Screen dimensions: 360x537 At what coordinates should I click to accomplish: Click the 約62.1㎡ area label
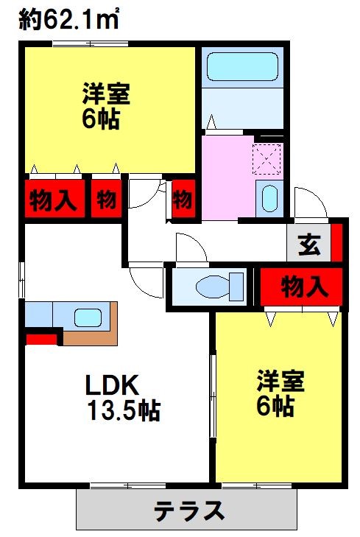point(68,19)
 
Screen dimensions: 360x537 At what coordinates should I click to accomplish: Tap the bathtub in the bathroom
point(242,67)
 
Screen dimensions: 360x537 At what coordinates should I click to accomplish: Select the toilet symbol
point(219,287)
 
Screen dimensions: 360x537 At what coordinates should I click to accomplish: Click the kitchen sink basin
point(88,317)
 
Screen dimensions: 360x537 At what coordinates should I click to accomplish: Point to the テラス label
point(189,510)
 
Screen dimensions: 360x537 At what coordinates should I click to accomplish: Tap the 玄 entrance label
point(309,245)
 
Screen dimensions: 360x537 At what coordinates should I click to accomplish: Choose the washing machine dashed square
point(267,159)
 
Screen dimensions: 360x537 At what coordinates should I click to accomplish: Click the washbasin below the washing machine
point(269,199)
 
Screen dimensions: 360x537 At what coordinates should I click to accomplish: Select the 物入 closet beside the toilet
point(301,287)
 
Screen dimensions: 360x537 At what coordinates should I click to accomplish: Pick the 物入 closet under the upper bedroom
point(54,199)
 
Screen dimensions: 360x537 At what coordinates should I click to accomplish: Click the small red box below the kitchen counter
point(41,340)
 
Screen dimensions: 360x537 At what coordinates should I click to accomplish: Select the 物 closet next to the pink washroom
point(184,199)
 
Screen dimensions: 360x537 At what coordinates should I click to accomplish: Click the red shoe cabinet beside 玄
point(336,242)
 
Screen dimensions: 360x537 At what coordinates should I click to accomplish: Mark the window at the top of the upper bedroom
point(91,43)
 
